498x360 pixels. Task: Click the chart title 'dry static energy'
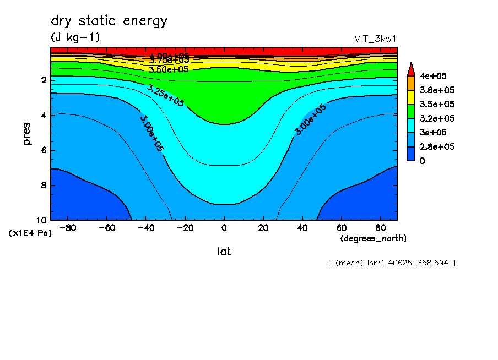[x=109, y=21]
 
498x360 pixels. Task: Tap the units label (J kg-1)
[x=75, y=37]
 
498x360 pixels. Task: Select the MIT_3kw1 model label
[x=375, y=39]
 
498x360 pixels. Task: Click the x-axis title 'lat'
[x=224, y=252]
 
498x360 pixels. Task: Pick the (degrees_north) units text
[x=373, y=238]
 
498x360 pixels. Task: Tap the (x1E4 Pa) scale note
[x=30, y=233]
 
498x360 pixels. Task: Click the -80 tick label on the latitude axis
[x=68, y=227]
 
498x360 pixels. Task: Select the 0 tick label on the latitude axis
[x=224, y=227]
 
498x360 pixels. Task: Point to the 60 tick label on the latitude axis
[x=341, y=227]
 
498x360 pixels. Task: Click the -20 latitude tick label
[x=185, y=227]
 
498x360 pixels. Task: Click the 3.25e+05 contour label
[x=165, y=95]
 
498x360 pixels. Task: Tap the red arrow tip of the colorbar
[x=410, y=68]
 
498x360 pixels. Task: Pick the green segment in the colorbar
[x=410, y=111]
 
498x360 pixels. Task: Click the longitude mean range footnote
[x=391, y=263]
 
